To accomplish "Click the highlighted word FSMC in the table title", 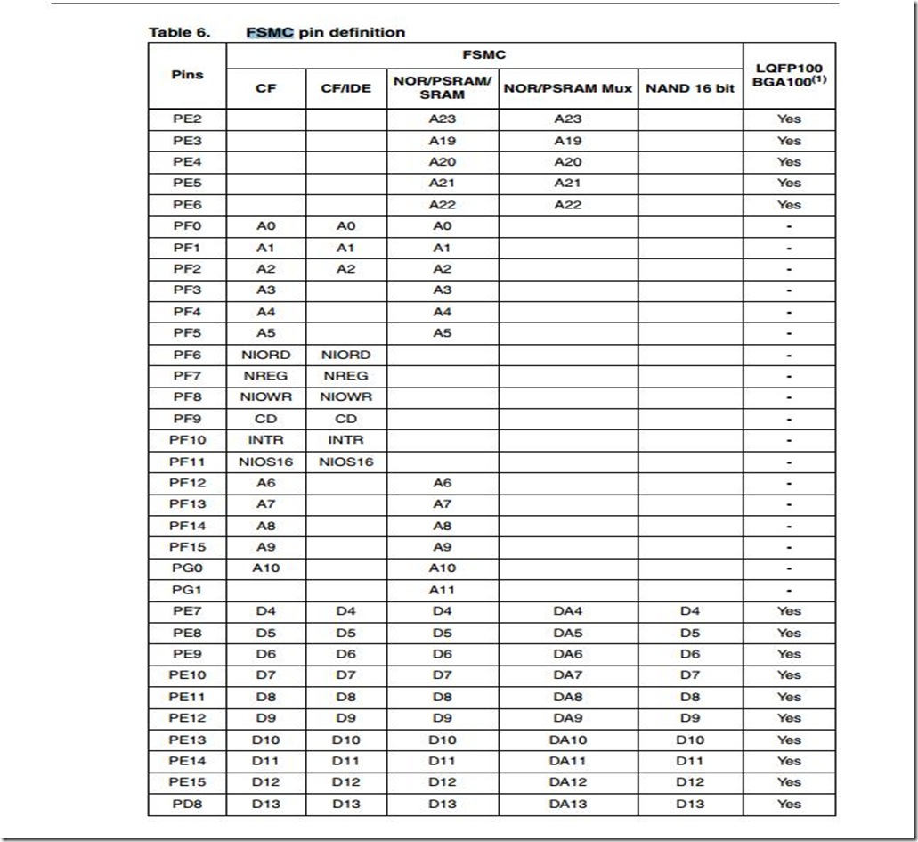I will (x=269, y=32).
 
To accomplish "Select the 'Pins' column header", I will (x=187, y=75).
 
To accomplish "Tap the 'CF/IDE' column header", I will (x=346, y=88).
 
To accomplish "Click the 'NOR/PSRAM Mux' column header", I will (x=568, y=88).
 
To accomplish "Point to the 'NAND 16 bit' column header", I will (x=690, y=88).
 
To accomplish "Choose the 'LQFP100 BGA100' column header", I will (x=789, y=75).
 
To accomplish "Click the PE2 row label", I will (x=187, y=119).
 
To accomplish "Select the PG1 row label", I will (x=187, y=590).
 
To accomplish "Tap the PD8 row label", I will (x=187, y=804).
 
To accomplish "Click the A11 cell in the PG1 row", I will (x=443, y=590).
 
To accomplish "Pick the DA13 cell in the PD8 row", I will (x=568, y=804).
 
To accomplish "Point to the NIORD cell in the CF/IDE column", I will (x=346, y=355).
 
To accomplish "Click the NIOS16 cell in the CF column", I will (x=265, y=462).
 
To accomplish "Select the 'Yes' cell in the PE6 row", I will (x=789, y=204).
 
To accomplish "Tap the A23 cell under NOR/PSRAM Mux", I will (x=568, y=119).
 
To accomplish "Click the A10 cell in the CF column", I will (x=265, y=568).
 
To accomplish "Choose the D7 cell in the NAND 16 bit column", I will (x=690, y=675).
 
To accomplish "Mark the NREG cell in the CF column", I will (x=265, y=376).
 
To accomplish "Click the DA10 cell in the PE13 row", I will (x=568, y=740).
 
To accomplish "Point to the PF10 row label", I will (x=187, y=440).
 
